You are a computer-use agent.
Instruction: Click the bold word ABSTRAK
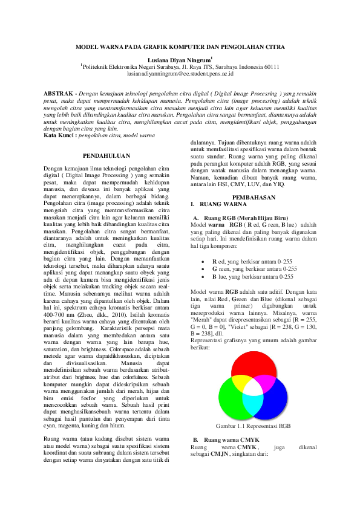(x=59, y=95)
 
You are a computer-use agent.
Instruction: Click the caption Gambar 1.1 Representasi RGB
(x=253, y=426)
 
